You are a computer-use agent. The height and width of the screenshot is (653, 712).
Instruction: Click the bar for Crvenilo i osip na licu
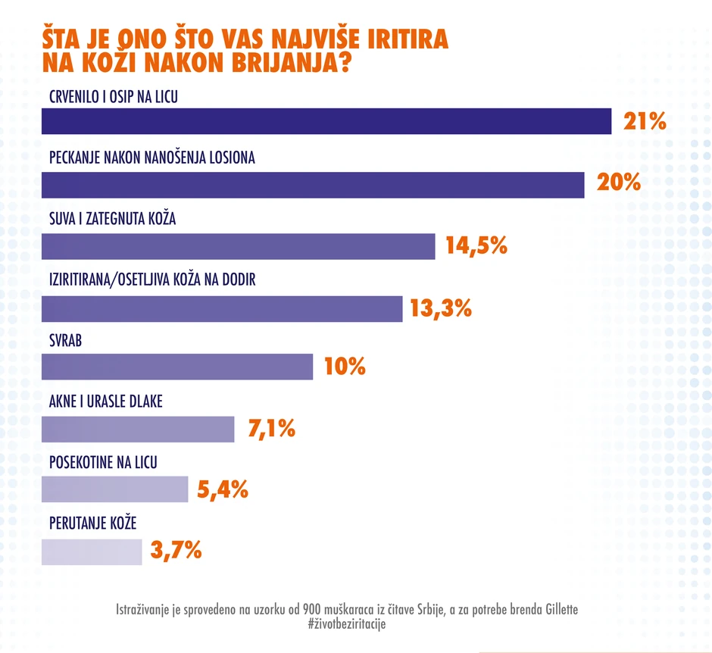(326, 122)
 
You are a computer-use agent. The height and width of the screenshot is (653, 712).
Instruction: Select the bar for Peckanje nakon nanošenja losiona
(312, 185)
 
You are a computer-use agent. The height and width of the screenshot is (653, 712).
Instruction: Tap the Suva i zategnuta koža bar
(238, 246)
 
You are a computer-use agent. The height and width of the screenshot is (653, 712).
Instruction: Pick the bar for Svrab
(176, 367)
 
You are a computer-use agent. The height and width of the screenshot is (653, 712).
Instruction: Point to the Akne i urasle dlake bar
(138, 429)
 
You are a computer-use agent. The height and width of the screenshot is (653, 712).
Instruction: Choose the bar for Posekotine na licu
(114, 489)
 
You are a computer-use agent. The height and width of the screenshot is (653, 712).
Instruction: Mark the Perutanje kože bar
(91, 551)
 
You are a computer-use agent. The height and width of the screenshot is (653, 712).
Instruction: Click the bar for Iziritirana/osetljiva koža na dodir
(221, 308)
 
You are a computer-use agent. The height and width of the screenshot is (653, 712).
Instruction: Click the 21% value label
(645, 121)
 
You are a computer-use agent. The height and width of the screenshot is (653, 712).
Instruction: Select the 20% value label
(618, 183)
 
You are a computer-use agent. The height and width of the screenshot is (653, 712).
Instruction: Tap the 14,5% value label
(475, 246)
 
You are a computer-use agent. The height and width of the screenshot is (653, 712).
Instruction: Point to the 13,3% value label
(441, 308)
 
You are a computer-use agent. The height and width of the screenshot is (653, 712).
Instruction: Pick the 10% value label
(345, 367)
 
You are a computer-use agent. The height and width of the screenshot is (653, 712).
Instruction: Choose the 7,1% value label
(270, 429)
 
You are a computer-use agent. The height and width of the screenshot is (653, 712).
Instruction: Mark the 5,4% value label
(223, 490)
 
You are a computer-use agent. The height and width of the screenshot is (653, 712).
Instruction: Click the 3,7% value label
(176, 551)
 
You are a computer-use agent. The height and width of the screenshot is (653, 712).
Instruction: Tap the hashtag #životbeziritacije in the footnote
(347, 623)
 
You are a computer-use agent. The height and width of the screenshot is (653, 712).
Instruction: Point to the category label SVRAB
(65, 341)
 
